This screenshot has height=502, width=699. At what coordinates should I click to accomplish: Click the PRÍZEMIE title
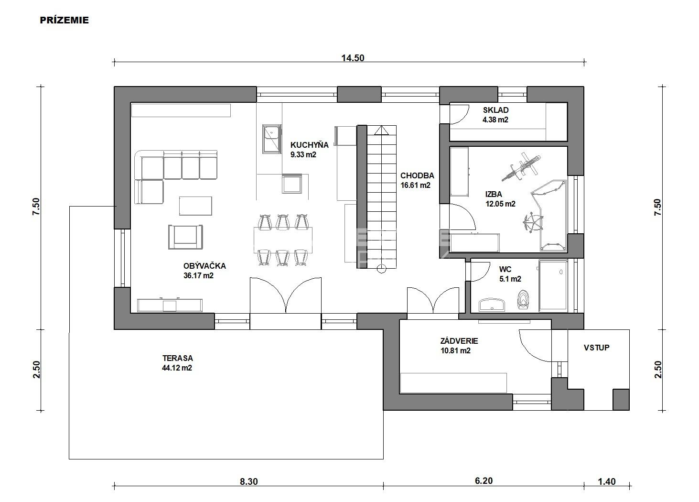pos(65,20)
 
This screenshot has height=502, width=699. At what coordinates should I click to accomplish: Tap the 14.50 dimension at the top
pos(353,58)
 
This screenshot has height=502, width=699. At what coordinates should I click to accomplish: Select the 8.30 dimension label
pos(249,482)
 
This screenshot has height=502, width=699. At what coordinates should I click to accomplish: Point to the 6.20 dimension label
pos(484,481)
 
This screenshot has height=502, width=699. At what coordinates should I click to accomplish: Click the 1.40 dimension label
pos(607,482)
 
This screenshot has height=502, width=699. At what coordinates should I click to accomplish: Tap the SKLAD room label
pos(495,110)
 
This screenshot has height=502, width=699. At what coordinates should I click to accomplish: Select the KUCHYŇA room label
pos(309,145)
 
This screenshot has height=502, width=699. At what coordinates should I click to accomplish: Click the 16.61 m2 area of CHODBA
pos(415,185)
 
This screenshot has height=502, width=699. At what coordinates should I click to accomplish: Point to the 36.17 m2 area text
pos(198,276)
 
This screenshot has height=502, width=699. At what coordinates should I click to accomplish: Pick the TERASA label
pos(178,358)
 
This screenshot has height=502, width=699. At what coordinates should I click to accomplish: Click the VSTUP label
pos(597,348)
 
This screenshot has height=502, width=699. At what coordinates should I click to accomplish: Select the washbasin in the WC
pos(492,305)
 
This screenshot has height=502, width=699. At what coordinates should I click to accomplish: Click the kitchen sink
pos(272,139)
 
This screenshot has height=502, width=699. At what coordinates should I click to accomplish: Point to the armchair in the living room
pos(185,237)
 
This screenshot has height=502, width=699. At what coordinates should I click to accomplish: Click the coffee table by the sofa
pos(195,206)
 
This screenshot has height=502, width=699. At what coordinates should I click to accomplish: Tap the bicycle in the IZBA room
pos(520,167)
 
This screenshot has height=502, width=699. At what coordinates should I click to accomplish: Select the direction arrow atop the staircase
pos(381,131)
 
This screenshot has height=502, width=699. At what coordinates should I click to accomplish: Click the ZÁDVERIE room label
pos(459,341)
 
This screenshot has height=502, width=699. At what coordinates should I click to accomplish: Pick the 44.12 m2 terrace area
pos(177,368)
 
